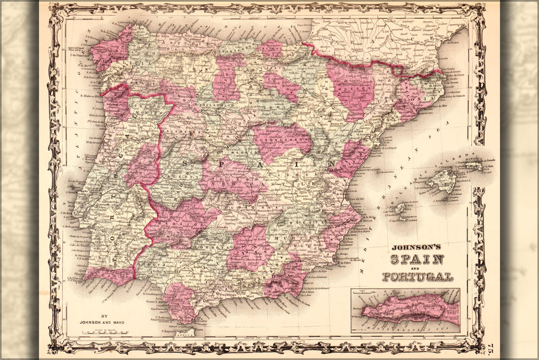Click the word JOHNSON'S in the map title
tap(416, 247)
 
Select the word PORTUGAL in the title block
tap(417, 277)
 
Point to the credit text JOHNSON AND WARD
tap(102, 322)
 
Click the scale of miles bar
tap(102, 332)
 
